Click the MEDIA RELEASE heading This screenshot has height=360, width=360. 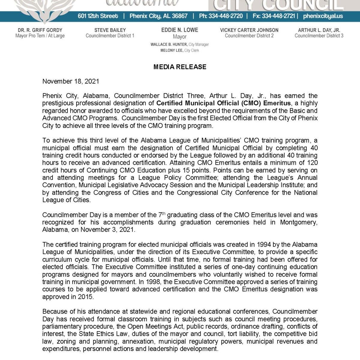pyautogui.click(x=180, y=67)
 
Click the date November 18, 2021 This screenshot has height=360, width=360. pyautogui.click(x=70, y=81)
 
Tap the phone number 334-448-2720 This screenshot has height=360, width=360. pyautogui.click(x=225, y=16)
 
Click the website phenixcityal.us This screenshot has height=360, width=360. pyautogui.click(x=323, y=16)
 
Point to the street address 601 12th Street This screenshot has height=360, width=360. pyautogui.click(x=98, y=16)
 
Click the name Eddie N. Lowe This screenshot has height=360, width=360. pyautogui.click(x=180, y=30)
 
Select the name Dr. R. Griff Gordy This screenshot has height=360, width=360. pyautogui.click(x=40, y=30)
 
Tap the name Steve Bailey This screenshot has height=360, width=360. pyautogui.click(x=110, y=30)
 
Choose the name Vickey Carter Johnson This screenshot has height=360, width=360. pyautogui.click(x=249, y=30)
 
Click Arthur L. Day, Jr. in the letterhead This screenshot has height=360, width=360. pyautogui.click(x=319, y=30)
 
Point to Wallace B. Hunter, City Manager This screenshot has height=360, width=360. pyautogui.click(x=180, y=44)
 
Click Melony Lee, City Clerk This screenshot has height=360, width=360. pyautogui.click(x=180, y=50)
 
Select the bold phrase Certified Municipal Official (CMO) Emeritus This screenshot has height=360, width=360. pyautogui.click(x=223, y=103)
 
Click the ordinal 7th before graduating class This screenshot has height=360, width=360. pyautogui.click(x=161, y=215)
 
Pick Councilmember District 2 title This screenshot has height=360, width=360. pyautogui.click(x=249, y=36)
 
